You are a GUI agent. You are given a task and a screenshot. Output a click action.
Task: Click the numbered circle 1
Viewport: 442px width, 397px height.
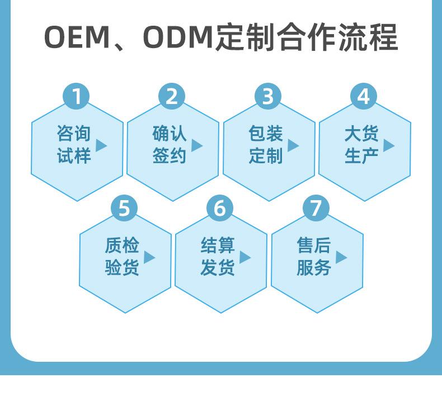point(76,96)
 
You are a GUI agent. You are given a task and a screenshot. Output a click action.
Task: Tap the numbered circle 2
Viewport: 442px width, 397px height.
point(172,96)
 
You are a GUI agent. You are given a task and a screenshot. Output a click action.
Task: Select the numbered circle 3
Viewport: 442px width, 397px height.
point(268,96)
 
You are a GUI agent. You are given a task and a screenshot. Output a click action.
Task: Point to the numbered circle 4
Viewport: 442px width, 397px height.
point(364,96)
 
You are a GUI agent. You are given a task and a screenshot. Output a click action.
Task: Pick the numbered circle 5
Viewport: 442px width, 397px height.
point(124,208)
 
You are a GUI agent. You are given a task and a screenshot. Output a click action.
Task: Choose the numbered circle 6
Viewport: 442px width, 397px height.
point(220,208)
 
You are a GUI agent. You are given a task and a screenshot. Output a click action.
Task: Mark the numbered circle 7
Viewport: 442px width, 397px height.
point(316,208)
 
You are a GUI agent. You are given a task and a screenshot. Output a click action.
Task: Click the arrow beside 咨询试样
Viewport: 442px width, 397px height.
point(101,145)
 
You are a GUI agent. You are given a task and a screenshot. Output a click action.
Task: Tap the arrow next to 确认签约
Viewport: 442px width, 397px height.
point(197,145)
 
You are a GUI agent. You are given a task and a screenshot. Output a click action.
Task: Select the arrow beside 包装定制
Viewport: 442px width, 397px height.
point(293,145)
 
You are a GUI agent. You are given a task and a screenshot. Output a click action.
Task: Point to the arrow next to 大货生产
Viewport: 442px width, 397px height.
point(389,145)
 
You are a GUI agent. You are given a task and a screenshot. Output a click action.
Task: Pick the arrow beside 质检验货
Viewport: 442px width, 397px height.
point(149,257)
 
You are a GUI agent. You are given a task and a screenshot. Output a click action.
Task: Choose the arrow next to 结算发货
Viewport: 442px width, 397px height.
point(245,257)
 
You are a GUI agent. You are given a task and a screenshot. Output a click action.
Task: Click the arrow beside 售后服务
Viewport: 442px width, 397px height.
point(341,257)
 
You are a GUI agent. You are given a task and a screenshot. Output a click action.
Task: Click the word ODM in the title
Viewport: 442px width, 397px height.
point(178,38)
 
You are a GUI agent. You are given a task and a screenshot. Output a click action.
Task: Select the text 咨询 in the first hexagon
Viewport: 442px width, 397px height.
point(73,134)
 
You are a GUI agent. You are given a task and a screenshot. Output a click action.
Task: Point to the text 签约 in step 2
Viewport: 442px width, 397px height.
point(169,156)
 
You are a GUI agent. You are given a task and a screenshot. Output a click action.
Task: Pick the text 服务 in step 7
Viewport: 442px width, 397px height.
point(313,268)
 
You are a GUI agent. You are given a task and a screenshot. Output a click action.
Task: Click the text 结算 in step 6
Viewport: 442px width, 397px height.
point(218,245)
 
